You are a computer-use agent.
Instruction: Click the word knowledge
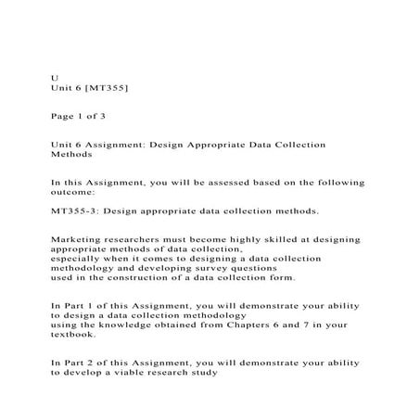139,325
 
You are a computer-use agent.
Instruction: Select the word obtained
200,325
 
